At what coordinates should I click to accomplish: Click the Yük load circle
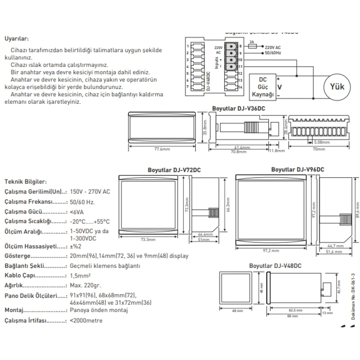(x=337, y=87)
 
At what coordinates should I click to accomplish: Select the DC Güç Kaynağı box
(x=263, y=87)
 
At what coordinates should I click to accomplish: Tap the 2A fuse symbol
(x=253, y=46)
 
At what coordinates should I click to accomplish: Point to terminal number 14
(x=240, y=87)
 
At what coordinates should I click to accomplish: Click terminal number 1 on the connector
(x=188, y=46)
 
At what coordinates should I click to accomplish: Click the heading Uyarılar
(x=17, y=39)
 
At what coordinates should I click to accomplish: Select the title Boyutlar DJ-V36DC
(x=238, y=108)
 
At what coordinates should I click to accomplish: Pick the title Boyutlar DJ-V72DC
(x=174, y=170)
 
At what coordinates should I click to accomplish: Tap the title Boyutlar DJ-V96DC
(x=298, y=169)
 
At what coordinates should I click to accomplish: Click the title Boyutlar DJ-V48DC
(x=275, y=266)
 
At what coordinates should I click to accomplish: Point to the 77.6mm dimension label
(x=162, y=149)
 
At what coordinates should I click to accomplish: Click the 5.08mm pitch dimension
(x=322, y=142)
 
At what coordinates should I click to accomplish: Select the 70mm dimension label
(x=319, y=149)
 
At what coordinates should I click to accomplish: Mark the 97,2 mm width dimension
(x=271, y=250)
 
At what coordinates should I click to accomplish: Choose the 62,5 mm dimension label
(x=295, y=310)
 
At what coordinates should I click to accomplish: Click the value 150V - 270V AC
(x=90, y=192)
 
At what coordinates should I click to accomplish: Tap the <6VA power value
(x=77, y=212)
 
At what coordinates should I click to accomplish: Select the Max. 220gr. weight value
(x=85, y=285)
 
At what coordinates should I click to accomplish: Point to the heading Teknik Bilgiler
(x=26, y=181)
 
